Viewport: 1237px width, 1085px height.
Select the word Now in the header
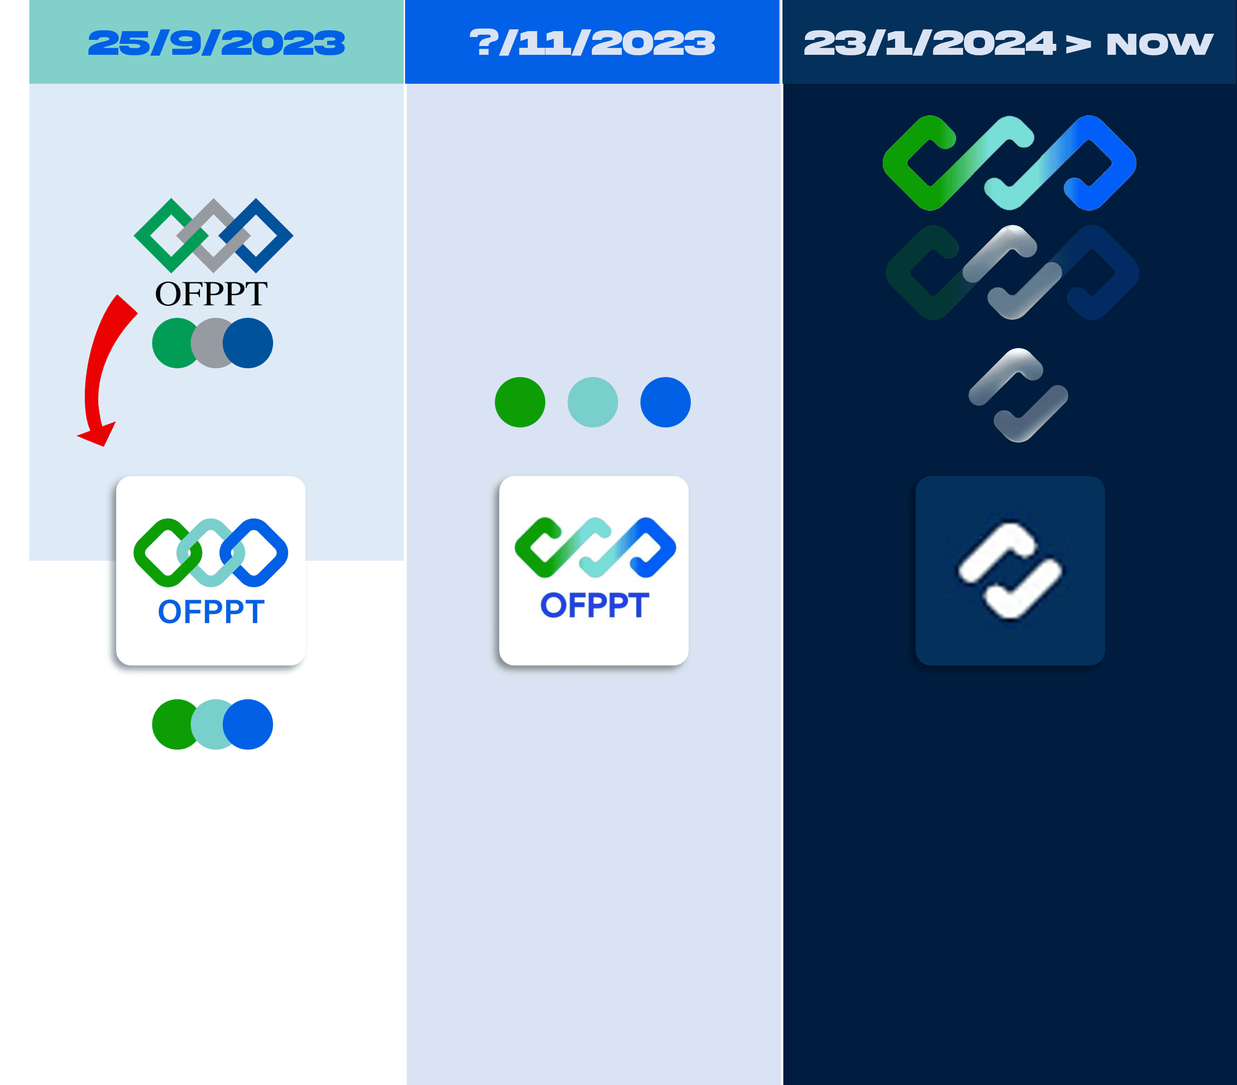pos(1159,43)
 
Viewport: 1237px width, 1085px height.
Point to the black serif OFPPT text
pos(211,294)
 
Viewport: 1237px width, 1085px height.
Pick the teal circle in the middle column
pos(593,402)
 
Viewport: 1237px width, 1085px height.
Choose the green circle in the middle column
pos(520,402)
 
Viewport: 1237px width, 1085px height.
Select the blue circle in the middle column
pos(665,402)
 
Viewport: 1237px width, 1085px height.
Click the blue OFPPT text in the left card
pos(211,612)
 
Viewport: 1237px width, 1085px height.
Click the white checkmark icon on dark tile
pos(1010,571)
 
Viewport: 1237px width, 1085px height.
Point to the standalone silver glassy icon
pos(1018,395)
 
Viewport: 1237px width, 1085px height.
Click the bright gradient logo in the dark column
pos(1010,163)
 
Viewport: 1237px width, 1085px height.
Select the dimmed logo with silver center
pos(1012,272)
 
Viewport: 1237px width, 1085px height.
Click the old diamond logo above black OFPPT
pos(213,235)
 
